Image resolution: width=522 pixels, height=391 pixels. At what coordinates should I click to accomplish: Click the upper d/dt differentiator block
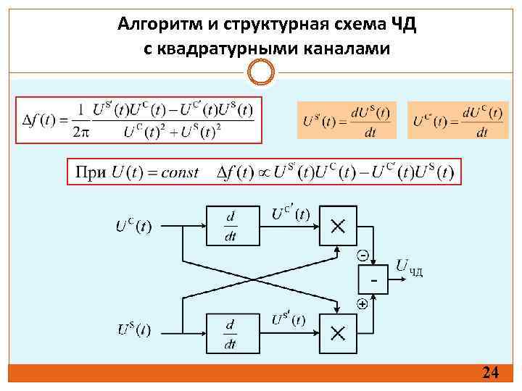230,225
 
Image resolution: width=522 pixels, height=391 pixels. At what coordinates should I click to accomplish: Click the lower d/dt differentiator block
230,332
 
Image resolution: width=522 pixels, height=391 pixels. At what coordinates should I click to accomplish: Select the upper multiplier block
338,226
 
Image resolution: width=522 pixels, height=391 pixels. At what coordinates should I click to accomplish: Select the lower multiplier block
338,332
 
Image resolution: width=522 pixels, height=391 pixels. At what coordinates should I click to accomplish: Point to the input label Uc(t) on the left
135,226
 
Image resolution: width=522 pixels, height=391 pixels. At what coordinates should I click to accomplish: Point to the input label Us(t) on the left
135,329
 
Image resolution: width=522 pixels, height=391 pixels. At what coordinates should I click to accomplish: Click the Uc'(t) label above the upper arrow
291,213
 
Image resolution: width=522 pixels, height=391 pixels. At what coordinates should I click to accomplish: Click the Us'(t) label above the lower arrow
289,319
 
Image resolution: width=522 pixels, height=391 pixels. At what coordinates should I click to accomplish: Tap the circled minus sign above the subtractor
362,254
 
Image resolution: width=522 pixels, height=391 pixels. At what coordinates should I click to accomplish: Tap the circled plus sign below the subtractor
362,305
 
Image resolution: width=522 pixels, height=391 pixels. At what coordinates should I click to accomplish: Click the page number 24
491,373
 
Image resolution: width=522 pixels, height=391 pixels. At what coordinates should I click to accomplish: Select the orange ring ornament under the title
261,72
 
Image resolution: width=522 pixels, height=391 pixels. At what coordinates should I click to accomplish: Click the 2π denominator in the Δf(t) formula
82,131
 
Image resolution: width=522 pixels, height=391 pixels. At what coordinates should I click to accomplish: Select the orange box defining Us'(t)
347,120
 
